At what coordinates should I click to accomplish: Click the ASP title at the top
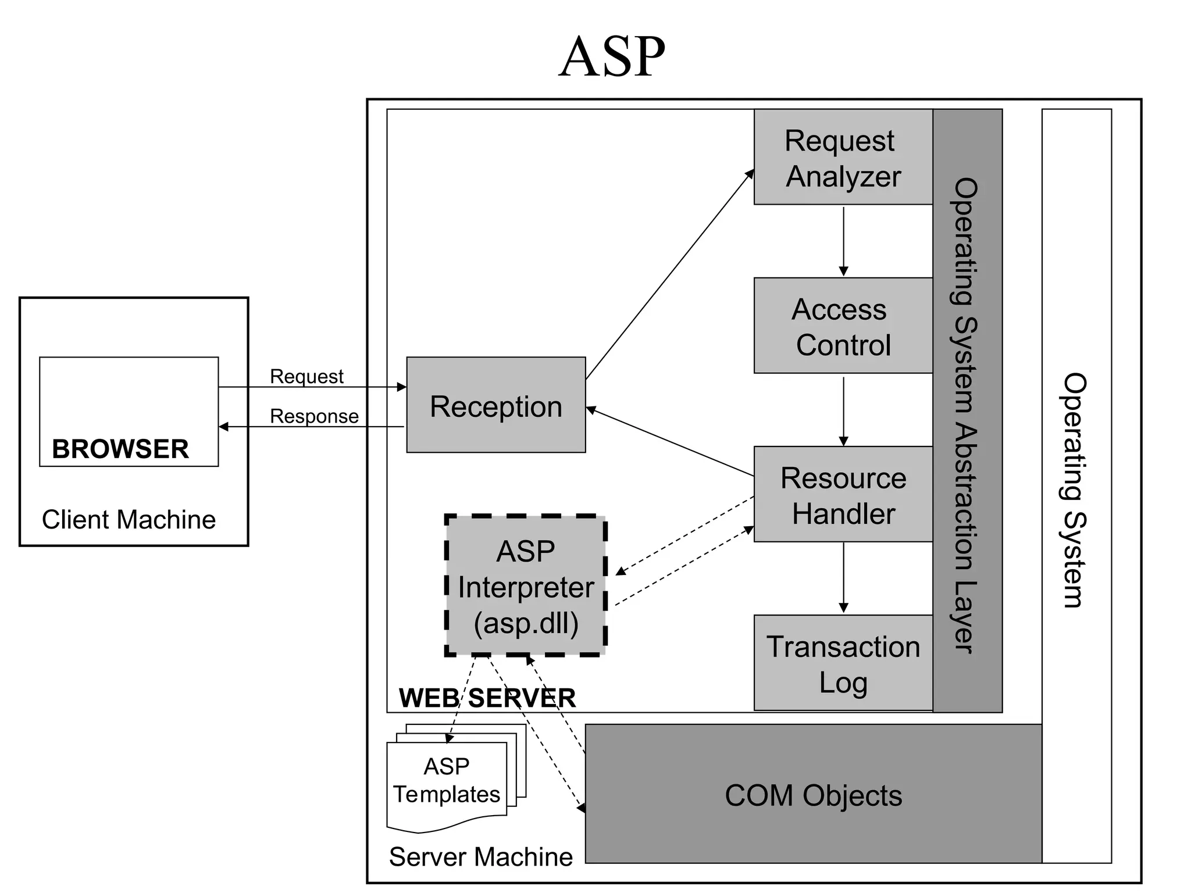(612, 57)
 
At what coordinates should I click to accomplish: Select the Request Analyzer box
(843, 158)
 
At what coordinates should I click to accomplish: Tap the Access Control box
(843, 326)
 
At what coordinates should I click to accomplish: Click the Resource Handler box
(843, 495)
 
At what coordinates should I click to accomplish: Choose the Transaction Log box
(843, 663)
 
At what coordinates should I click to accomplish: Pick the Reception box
(495, 405)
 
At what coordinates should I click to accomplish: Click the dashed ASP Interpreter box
(526, 586)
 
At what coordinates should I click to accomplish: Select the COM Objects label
(813, 795)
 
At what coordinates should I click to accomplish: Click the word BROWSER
(120, 449)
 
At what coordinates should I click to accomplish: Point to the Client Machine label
(129, 519)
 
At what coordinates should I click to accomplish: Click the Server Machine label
(480, 856)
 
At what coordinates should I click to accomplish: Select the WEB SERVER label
(487, 698)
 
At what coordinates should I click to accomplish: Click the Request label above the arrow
(306, 376)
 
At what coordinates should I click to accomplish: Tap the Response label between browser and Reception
(314, 416)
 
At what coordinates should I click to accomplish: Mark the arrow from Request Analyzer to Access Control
(843, 241)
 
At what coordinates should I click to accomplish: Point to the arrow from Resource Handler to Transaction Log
(843, 578)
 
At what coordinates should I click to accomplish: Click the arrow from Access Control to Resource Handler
(843, 410)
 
